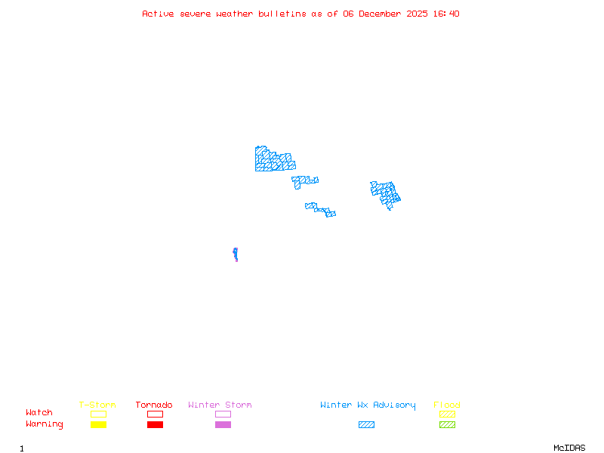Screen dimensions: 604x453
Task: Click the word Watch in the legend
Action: click(39, 413)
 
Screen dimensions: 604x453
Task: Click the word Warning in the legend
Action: click(44, 424)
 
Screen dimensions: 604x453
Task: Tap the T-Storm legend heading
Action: click(97, 405)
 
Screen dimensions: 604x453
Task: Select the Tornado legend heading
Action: click(154, 405)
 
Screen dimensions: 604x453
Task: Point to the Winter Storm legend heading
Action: click(220, 405)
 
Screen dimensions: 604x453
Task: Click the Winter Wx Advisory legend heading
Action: click(368, 405)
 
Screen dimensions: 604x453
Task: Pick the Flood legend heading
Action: click(447, 405)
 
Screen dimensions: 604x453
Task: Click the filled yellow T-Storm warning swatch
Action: click(98, 424)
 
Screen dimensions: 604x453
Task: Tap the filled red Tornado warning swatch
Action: click(155, 424)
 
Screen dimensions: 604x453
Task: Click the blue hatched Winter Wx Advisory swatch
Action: click(366, 424)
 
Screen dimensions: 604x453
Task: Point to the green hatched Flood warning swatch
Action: click(447, 424)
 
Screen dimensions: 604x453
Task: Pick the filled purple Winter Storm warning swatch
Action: click(223, 424)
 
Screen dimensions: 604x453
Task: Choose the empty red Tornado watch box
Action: click(155, 414)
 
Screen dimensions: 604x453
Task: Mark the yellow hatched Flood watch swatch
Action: click(447, 414)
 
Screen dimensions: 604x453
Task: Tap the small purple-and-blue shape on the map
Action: click(236, 254)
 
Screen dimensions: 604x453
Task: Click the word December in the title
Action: click(382, 14)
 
